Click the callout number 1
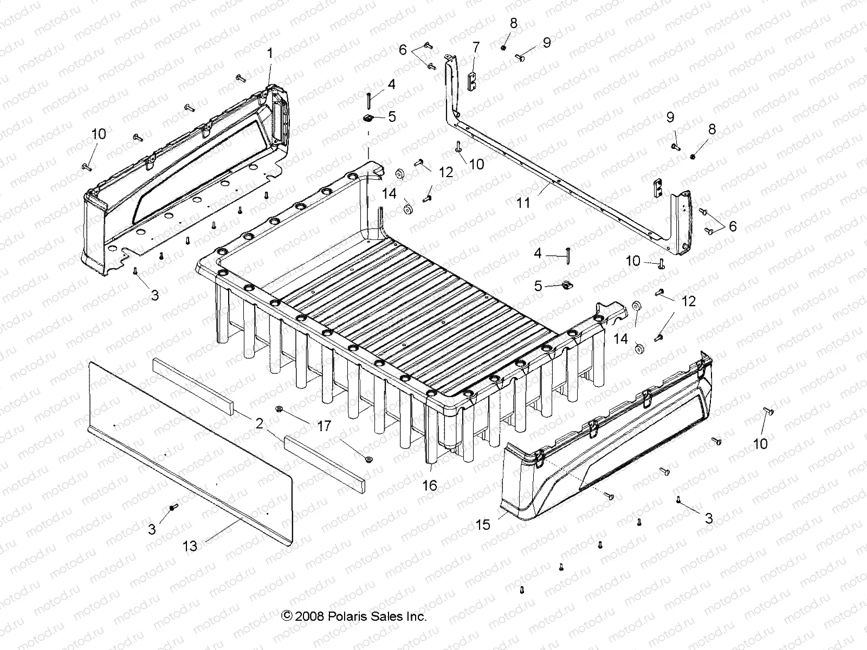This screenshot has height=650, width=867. point(270,54)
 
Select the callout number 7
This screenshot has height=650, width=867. point(476,47)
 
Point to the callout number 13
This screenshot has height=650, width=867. point(190,546)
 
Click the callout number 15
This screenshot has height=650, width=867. point(482,524)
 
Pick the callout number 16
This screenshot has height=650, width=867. point(429,485)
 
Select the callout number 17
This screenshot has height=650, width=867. point(323,426)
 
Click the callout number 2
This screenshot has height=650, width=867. point(260,423)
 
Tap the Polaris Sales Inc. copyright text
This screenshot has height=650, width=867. point(354,616)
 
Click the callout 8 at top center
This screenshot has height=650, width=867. point(513,23)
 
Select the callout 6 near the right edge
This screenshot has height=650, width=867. point(733,226)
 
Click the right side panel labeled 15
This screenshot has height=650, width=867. point(612,439)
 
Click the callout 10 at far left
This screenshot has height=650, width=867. point(99,133)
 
